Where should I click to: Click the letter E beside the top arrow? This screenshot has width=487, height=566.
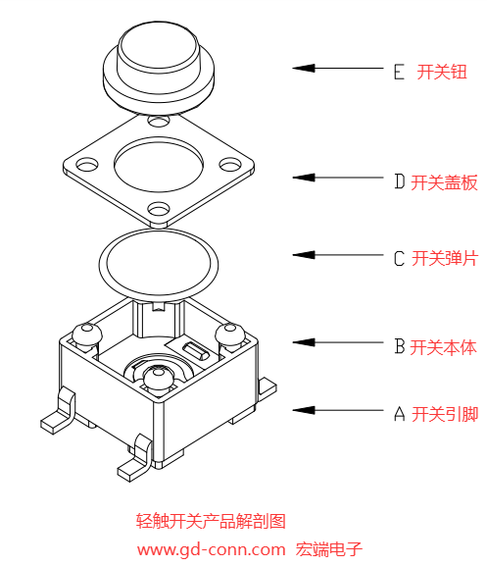[398, 73]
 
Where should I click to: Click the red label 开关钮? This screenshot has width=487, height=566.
[442, 73]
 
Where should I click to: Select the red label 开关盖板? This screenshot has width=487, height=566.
[444, 181]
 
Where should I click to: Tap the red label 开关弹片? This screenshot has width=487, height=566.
[444, 259]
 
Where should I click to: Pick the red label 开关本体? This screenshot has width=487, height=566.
[444, 346]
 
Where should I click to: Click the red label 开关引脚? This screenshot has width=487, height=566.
[444, 413]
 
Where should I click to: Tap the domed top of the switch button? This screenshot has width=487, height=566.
[158, 44]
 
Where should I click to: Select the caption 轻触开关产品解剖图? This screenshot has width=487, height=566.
[211, 521]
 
